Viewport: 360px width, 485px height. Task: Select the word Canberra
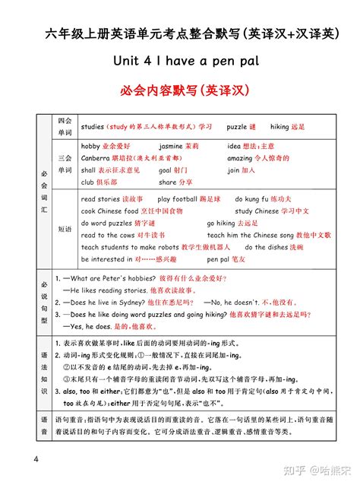tap(96, 158)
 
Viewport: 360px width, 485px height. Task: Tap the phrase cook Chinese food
tap(109, 211)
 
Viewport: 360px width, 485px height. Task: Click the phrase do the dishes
tap(266, 248)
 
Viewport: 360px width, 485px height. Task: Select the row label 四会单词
tap(65, 126)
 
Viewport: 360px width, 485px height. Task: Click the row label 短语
tap(65, 228)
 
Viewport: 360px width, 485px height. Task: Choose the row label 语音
tap(44, 420)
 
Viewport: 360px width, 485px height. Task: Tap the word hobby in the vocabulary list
tap(90, 145)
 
